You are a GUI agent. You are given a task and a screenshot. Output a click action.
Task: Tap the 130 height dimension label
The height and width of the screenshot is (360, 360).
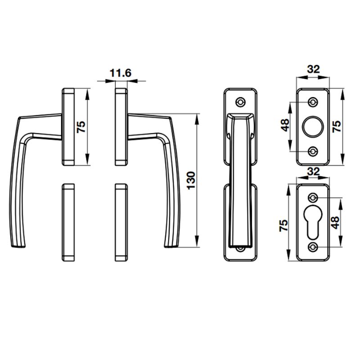point(190,181)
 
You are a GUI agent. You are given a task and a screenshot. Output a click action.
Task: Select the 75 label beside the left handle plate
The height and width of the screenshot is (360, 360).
point(81,127)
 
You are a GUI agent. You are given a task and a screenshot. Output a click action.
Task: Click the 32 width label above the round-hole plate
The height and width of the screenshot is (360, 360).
point(313,69)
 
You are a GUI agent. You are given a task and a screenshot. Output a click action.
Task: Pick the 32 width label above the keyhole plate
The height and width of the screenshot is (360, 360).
point(313,171)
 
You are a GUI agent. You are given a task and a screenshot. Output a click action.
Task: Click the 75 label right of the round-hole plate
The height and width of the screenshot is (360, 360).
point(336,127)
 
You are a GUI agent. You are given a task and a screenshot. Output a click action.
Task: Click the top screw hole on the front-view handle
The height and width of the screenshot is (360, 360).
point(241,102)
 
